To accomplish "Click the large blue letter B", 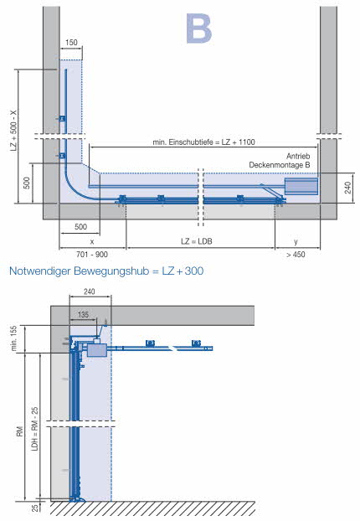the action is coord(198,28).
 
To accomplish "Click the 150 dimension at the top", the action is coord(71,43).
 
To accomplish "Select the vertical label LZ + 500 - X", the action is coord(13,131).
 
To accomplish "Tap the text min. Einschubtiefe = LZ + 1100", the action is coord(203,142).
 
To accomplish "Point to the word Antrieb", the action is coord(298,156).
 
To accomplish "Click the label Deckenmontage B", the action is coord(280,165).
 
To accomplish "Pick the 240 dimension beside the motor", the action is coord(347,188).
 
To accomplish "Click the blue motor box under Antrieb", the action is coord(301,187).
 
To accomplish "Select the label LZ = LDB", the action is coord(197,241).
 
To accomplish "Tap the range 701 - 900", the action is coord(92,255).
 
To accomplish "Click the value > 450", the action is coord(296,255).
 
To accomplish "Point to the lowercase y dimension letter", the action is coord(296,241).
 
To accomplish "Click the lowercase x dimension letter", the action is coord(92,241).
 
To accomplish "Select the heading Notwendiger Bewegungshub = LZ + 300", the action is coord(106,271).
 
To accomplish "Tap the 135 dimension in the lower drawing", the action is coord(83,314).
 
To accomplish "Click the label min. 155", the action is coord(13,338).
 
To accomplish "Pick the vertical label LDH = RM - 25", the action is coord(34,429).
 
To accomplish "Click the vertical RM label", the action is coord(20,431).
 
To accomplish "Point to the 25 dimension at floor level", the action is coord(34,508).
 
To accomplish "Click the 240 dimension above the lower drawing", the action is coord(90,291).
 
